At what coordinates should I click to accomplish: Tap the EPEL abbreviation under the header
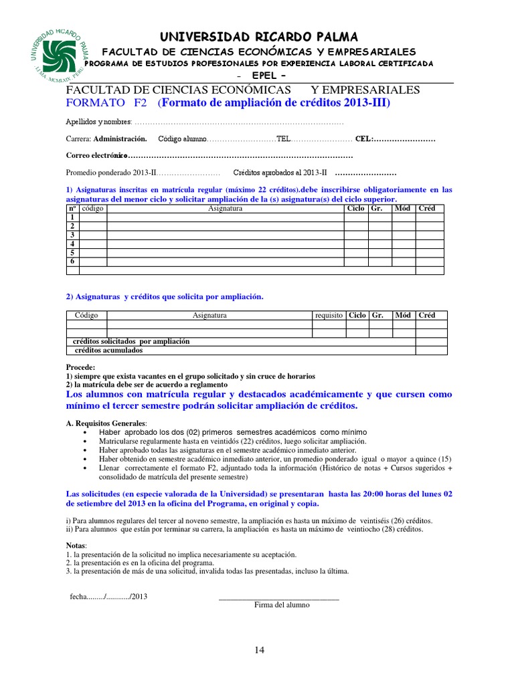(258, 74)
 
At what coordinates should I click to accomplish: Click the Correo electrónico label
(95, 155)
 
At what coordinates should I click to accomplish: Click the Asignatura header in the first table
(225, 209)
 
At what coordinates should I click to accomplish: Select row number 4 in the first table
(72, 243)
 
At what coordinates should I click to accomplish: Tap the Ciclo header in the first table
(355, 209)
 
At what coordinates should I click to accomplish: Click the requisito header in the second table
(329, 315)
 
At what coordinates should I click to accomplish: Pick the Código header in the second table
(87, 315)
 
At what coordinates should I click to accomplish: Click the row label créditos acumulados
(108, 350)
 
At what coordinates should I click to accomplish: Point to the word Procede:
(80, 367)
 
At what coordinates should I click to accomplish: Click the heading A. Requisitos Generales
(106, 423)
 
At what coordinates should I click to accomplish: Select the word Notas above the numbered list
(76, 546)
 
